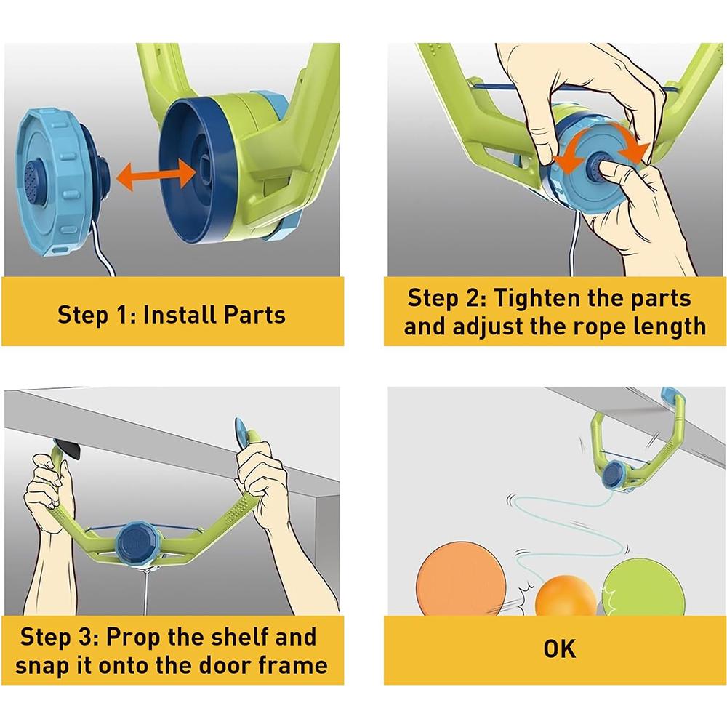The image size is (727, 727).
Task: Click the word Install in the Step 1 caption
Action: [180, 315]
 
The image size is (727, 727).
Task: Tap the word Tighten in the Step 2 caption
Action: [537, 298]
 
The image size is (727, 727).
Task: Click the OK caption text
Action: [560, 649]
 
